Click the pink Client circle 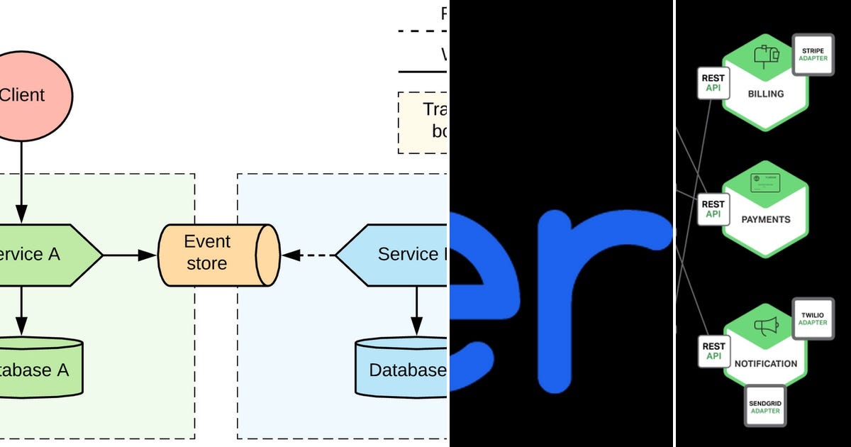tap(28, 94)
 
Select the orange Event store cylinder tap(216, 253)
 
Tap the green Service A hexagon tap(43, 255)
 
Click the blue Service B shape tap(394, 254)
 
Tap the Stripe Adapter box tap(813, 54)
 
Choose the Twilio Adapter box tap(813, 318)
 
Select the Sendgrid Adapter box tap(765, 407)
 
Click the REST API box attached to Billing tap(713, 83)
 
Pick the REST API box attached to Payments tap(713, 209)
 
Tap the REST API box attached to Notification tap(713, 351)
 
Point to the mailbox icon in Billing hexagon tap(766, 55)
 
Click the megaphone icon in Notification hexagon tap(766, 327)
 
